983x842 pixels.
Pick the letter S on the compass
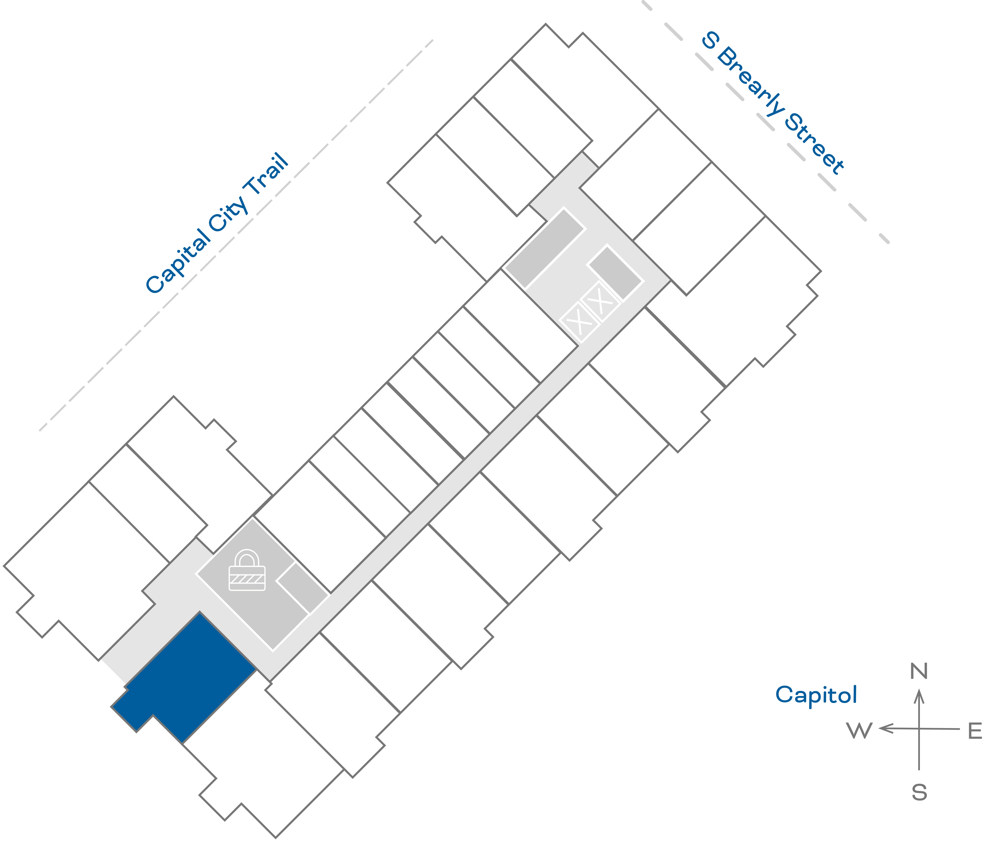(x=919, y=792)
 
